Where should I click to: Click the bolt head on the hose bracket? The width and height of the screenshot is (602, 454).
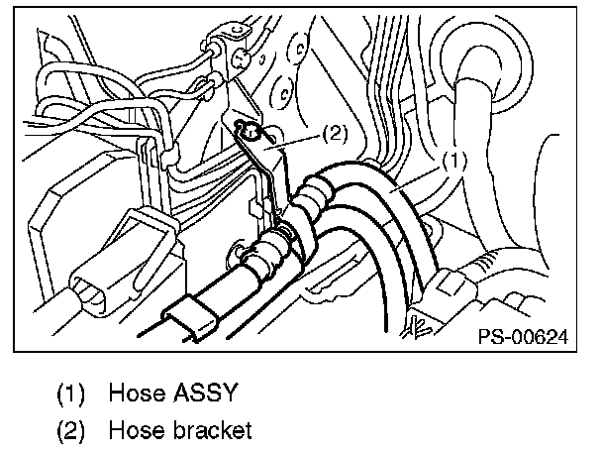(250, 129)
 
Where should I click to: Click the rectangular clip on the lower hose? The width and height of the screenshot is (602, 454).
(195, 317)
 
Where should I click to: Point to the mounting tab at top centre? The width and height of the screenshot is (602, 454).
(219, 50)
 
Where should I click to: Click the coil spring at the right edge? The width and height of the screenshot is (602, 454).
(485, 268)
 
